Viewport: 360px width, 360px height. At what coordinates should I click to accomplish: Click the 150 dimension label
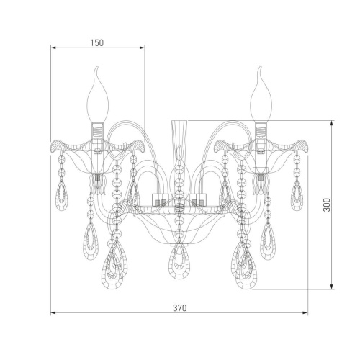(97, 42)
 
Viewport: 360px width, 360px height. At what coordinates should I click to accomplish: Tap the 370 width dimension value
(179, 308)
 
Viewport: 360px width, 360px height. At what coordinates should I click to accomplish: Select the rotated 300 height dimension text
(327, 204)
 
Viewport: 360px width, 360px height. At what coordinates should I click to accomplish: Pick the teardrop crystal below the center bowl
(179, 261)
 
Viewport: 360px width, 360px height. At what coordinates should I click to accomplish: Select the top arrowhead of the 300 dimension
(332, 123)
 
